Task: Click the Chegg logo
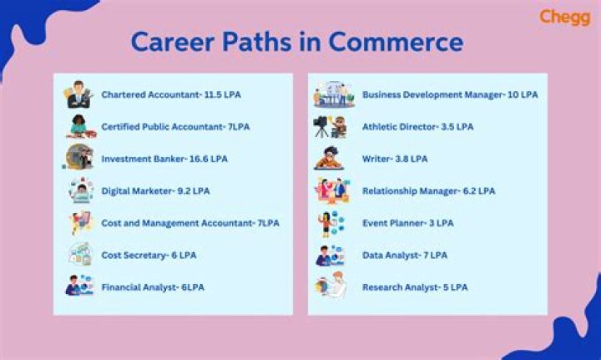coord(564,17)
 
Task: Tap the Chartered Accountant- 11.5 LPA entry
coord(170,94)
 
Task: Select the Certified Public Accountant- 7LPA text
coord(175,126)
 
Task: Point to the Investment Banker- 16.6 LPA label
coord(164,158)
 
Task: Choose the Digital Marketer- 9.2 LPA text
coord(155,190)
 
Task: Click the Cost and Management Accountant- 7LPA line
coord(190,222)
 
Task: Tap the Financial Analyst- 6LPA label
coord(153,286)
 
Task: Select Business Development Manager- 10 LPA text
coord(450,94)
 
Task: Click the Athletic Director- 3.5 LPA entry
coord(417,126)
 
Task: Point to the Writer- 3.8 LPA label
coord(396,158)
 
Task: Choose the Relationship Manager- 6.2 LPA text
coord(428,190)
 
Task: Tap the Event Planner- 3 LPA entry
coord(407,222)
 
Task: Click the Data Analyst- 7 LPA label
coord(404,255)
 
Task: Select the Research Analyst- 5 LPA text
coord(415,286)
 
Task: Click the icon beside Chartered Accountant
coord(79,94)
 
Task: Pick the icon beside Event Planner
coord(329,223)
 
